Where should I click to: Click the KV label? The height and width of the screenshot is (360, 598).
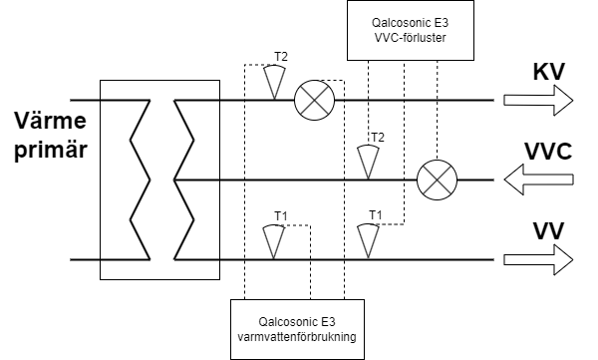548,71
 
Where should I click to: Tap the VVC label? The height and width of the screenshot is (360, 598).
548,152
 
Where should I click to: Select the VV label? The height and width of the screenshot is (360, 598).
548,231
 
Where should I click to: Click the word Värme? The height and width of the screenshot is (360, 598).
51,121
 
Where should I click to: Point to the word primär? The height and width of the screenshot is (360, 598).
51,150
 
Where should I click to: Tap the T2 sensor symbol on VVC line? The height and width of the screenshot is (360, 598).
368,162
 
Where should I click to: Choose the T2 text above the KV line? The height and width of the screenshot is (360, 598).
281,57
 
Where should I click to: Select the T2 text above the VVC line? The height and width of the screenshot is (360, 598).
378,137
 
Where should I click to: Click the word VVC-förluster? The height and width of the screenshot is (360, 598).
411,38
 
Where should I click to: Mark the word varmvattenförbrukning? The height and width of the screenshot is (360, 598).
297,337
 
